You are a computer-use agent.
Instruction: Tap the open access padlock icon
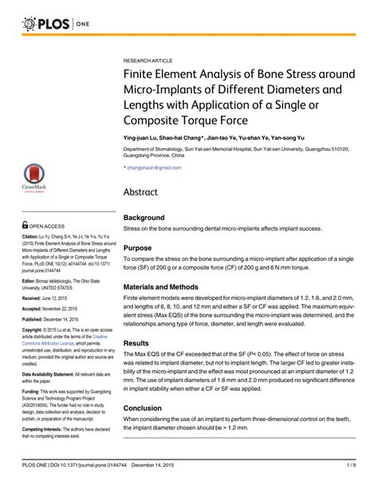click(25, 225)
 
